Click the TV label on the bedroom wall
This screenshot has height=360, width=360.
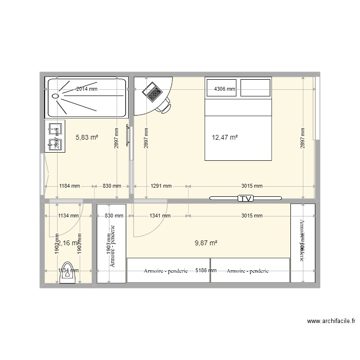click(x=246, y=198)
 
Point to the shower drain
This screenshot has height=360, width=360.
click(x=55, y=96)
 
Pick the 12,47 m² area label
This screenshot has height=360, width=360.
click(x=225, y=137)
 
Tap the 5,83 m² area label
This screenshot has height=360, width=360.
click(x=87, y=137)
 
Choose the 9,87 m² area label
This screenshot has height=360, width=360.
click(x=206, y=243)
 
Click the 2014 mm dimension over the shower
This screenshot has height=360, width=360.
click(x=87, y=89)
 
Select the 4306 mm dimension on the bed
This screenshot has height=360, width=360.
click(x=225, y=89)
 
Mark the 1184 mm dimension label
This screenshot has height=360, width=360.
click(x=69, y=186)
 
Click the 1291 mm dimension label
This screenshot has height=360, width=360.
click(x=161, y=186)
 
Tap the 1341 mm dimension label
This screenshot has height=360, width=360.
click(x=160, y=216)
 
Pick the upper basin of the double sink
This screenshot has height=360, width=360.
click(x=54, y=129)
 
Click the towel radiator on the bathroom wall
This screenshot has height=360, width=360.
click(x=127, y=135)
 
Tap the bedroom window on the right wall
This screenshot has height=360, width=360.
click(x=316, y=108)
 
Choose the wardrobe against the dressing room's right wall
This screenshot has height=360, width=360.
click(x=302, y=243)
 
